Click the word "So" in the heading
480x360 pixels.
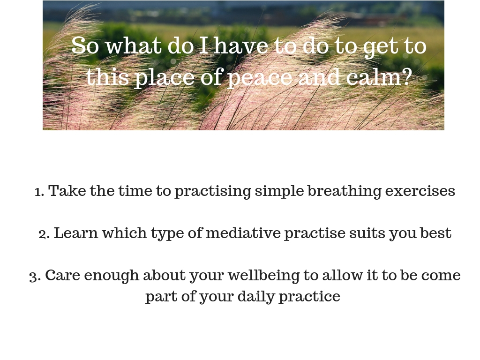(85, 45)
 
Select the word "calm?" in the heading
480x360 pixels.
(378, 76)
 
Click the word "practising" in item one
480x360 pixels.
(213, 192)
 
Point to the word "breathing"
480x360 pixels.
(345, 192)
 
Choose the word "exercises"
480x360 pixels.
(420, 192)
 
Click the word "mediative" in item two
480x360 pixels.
(243, 233)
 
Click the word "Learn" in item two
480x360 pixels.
(76, 233)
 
